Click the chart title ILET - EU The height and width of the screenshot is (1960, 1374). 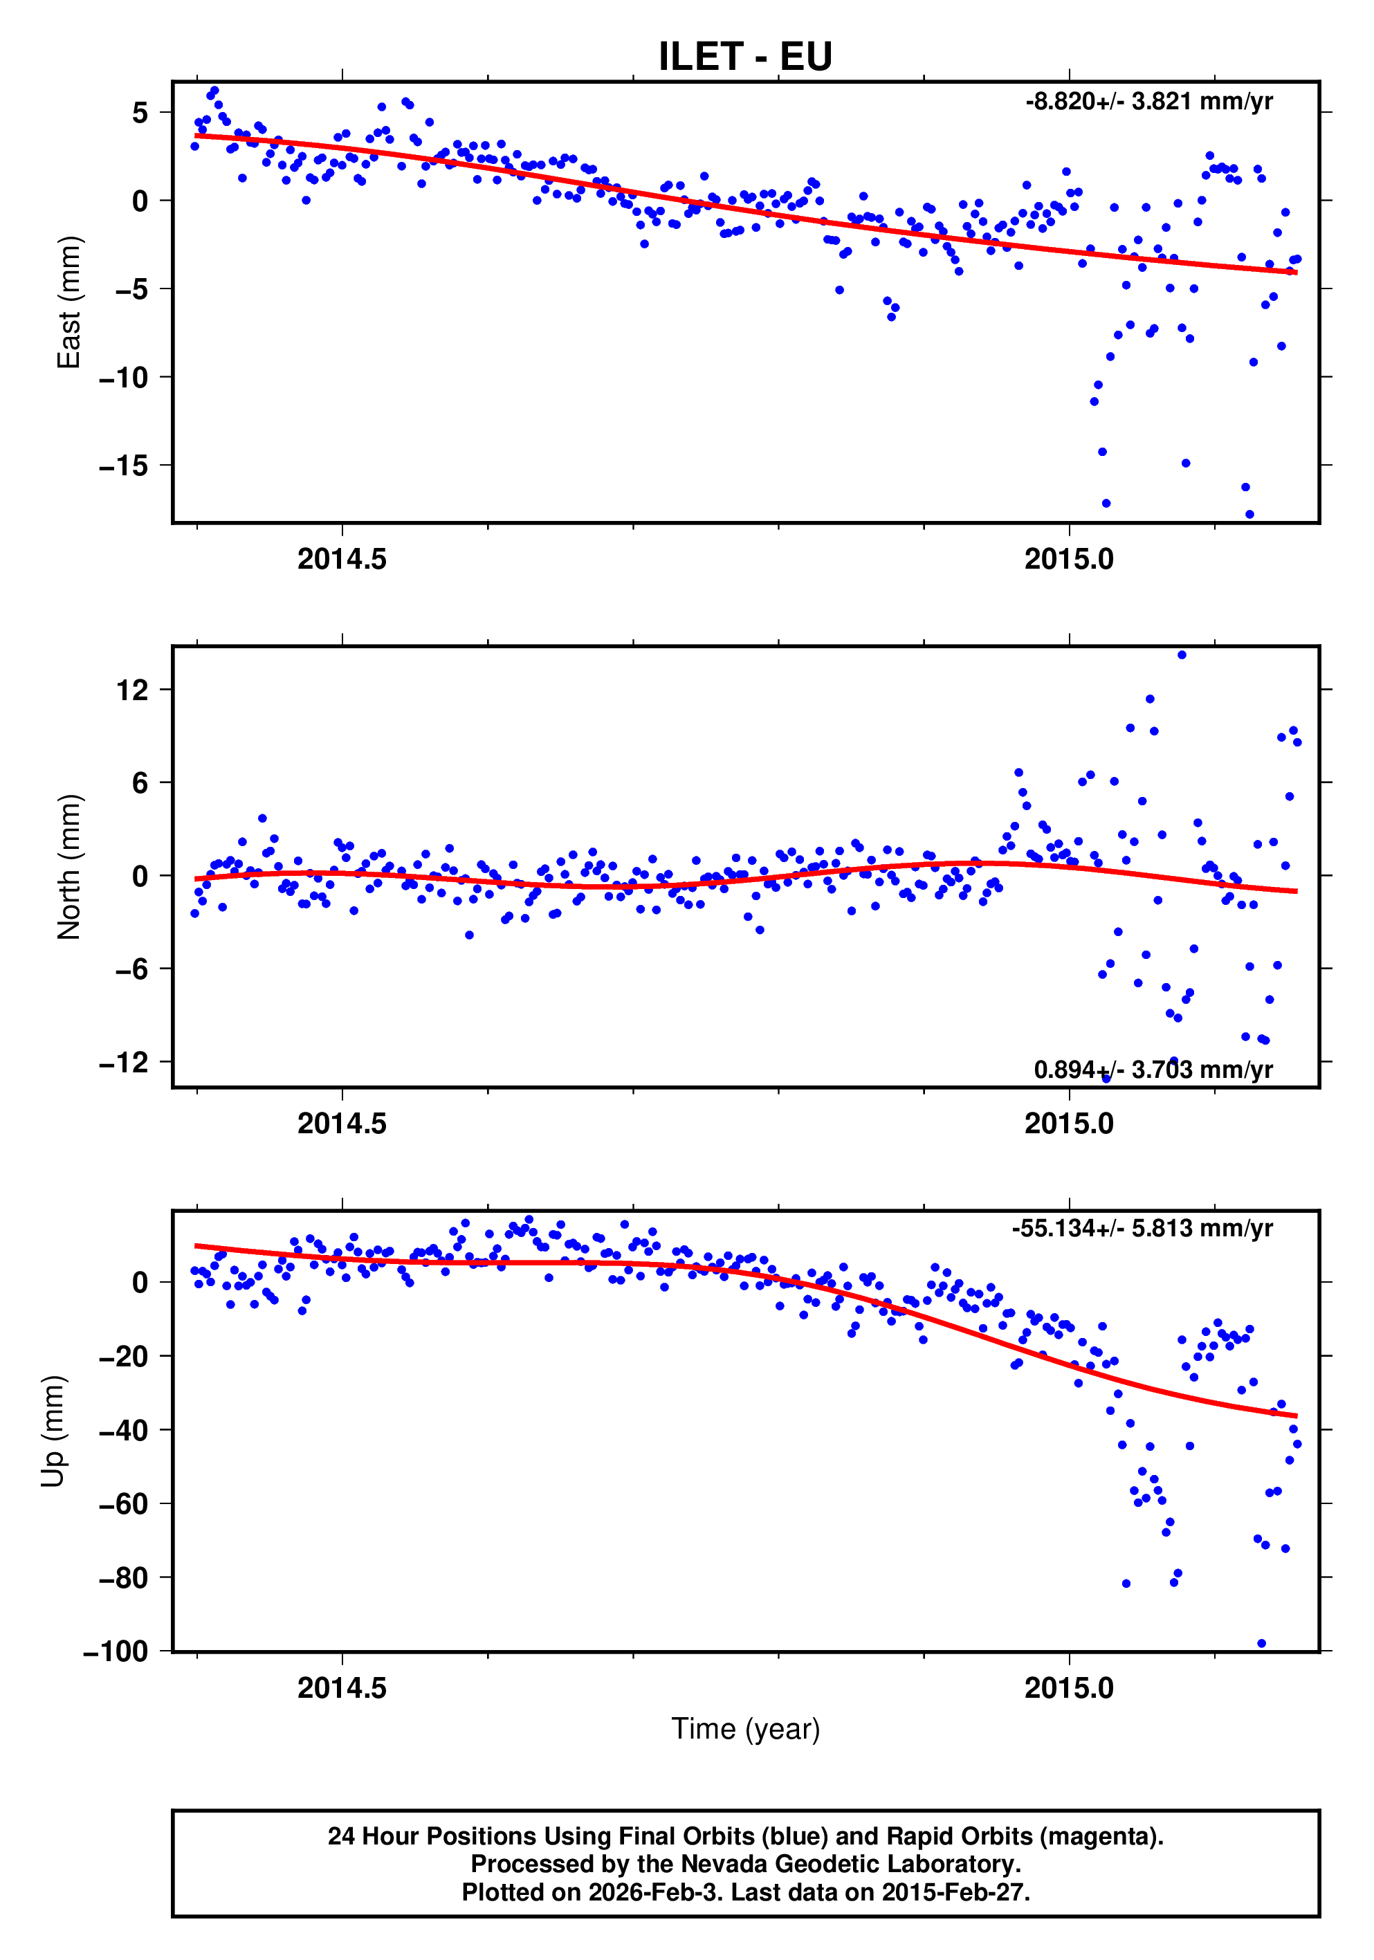coord(744,56)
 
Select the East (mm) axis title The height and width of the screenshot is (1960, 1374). coord(68,302)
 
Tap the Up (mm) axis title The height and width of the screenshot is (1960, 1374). coord(53,1431)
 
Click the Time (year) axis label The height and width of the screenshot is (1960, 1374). coord(745,1729)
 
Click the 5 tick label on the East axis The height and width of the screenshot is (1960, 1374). coord(140,113)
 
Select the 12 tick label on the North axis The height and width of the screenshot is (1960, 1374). coord(132,690)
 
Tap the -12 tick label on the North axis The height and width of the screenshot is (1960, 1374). coord(124,1062)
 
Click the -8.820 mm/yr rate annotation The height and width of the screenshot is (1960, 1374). coord(1148,102)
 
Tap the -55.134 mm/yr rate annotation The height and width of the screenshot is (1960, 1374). coord(1142,1229)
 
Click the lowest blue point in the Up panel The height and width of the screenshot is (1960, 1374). coord(1261,1643)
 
